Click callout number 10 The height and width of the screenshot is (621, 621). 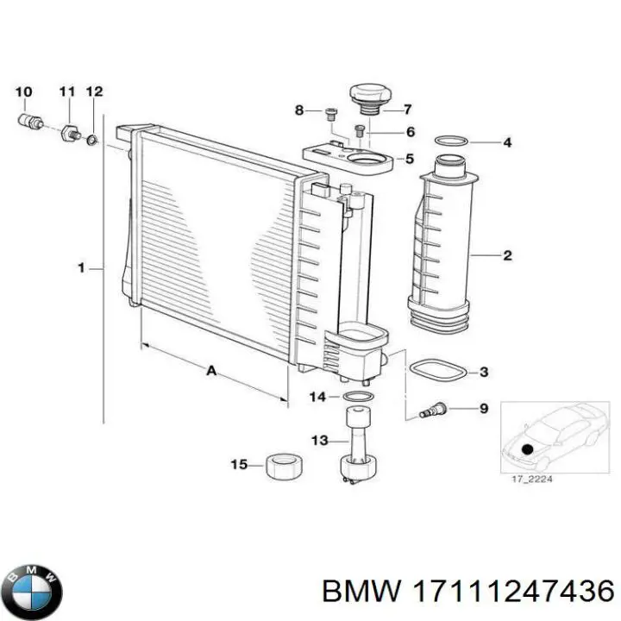23,91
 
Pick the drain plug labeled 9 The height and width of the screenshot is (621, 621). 430,409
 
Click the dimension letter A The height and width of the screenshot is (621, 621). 210,371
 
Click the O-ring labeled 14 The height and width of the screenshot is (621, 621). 357,397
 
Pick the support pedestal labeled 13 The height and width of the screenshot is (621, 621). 357,448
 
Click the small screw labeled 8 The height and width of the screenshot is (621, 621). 330,111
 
